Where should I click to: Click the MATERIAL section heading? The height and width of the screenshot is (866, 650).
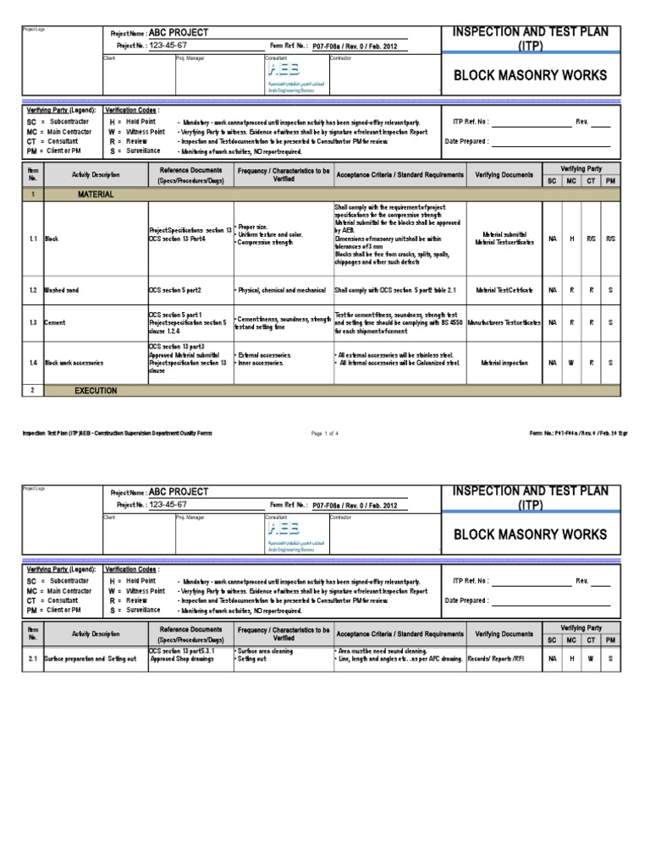click(x=96, y=195)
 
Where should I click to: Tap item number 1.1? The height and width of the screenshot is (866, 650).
click(x=32, y=239)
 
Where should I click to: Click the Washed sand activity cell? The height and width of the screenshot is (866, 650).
click(x=62, y=290)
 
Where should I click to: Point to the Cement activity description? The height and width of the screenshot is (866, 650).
click(x=56, y=323)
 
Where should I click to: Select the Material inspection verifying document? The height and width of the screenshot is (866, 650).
click(x=504, y=362)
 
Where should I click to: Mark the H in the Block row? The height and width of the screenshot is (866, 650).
click(x=572, y=239)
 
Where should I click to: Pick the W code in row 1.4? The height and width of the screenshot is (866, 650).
click(x=572, y=362)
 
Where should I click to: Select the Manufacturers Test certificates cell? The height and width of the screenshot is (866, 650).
click(x=504, y=323)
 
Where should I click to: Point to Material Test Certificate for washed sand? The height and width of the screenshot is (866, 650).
click(x=504, y=290)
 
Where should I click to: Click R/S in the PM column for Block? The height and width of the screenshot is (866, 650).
click(x=611, y=239)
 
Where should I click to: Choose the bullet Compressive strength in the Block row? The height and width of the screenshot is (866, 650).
click(x=266, y=243)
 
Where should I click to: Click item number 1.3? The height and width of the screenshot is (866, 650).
click(x=32, y=323)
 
